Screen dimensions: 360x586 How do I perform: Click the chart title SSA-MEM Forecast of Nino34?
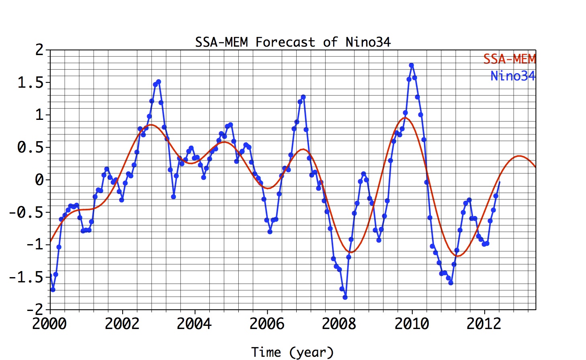(293, 42)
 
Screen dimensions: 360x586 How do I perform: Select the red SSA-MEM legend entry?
(509, 59)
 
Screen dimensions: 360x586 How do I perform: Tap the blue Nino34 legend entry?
(512, 76)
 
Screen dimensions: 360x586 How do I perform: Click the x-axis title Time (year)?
(293, 352)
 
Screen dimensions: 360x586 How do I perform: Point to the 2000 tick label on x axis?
(49, 324)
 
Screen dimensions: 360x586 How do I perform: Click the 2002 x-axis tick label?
(122, 324)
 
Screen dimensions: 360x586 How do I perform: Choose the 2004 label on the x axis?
(195, 324)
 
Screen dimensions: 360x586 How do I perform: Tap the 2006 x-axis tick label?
(267, 324)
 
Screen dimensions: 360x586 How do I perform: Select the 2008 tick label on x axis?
(339, 324)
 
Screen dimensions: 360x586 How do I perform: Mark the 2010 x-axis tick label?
(412, 324)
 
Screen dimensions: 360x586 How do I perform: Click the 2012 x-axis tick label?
(484, 324)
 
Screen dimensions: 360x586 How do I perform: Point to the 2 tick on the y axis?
(39, 50)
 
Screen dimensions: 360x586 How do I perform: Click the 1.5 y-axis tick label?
(30, 83)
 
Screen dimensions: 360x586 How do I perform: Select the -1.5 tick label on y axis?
(26, 277)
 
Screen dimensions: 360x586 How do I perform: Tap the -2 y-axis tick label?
(35, 309)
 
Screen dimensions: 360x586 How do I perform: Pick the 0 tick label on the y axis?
(39, 180)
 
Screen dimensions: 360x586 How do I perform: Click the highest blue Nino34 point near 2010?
(411, 65)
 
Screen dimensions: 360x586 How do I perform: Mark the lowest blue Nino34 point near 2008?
(345, 297)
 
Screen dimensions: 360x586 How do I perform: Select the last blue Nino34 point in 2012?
(499, 183)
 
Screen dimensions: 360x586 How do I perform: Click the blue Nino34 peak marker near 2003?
(158, 82)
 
